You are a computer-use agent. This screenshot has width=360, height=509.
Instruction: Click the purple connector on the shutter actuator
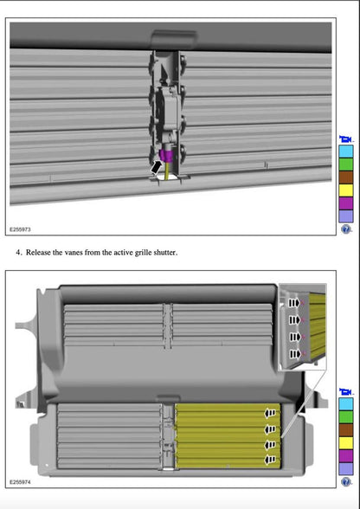click(x=167, y=156)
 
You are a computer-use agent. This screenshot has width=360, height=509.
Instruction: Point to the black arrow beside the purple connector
click(x=156, y=168)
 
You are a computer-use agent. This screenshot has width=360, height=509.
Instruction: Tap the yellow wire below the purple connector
click(x=168, y=171)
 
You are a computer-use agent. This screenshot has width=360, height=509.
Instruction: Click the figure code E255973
click(x=20, y=229)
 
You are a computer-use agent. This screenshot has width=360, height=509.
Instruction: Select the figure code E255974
click(x=20, y=482)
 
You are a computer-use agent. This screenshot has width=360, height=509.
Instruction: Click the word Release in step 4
click(x=38, y=253)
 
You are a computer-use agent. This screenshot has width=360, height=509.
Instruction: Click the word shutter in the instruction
click(x=165, y=253)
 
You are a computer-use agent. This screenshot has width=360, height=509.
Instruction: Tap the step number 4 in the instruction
click(x=18, y=253)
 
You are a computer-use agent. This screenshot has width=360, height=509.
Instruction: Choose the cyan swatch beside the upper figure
click(x=345, y=151)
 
